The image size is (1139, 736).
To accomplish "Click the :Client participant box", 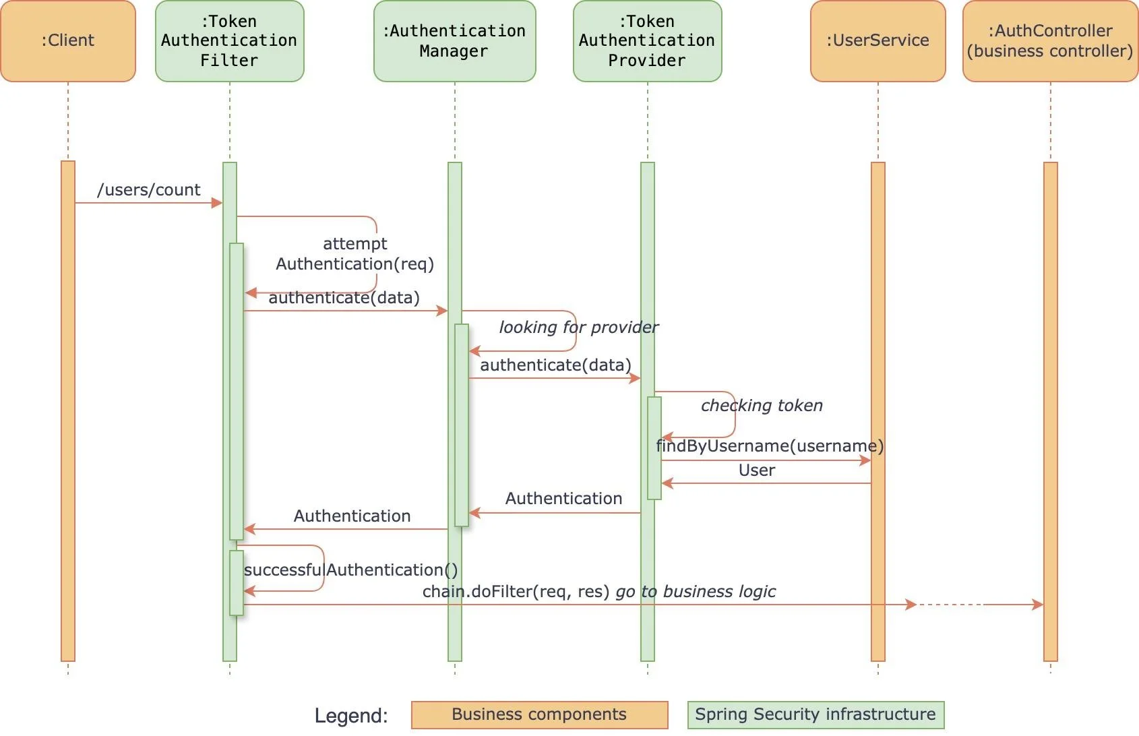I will pyautogui.click(x=68, y=41).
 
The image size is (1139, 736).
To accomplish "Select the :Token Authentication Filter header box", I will pyautogui.click(x=229, y=41).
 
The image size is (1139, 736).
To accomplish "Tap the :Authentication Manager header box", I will pyautogui.click(x=454, y=41).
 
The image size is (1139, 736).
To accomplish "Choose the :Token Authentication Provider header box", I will pyautogui.click(x=647, y=41).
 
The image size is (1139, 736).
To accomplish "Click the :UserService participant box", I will pyautogui.click(x=878, y=41).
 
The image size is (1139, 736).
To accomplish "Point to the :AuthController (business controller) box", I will pyautogui.click(x=1049, y=41).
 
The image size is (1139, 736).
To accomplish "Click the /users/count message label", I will pyautogui.click(x=149, y=190).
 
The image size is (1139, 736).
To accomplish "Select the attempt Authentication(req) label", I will pyautogui.click(x=355, y=254).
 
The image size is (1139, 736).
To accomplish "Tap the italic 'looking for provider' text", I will pyautogui.click(x=578, y=328).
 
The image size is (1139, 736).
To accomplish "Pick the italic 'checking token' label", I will pyautogui.click(x=762, y=406).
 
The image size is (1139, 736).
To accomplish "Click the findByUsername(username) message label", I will pyautogui.click(x=769, y=446).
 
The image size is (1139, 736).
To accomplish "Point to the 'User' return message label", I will pyautogui.click(x=757, y=470).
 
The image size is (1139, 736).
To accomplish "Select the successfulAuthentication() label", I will pyautogui.click(x=350, y=570).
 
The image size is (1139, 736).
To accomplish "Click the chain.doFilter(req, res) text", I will pyautogui.click(x=516, y=592).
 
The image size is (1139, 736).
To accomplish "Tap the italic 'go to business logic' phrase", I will pyautogui.click(x=696, y=592).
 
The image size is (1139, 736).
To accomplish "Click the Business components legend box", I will pyautogui.click(x=539, y=714).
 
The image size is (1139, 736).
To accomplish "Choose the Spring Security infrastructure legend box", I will pyautogui.click(x=815, y=714).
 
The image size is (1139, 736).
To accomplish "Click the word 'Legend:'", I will pyautogui.click(x=351, y=716).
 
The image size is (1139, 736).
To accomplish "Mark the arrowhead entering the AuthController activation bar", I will pyautogui.click(x=1038, y=605).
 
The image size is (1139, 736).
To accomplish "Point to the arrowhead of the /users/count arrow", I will pyautogui.click(x=217, y=203).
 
